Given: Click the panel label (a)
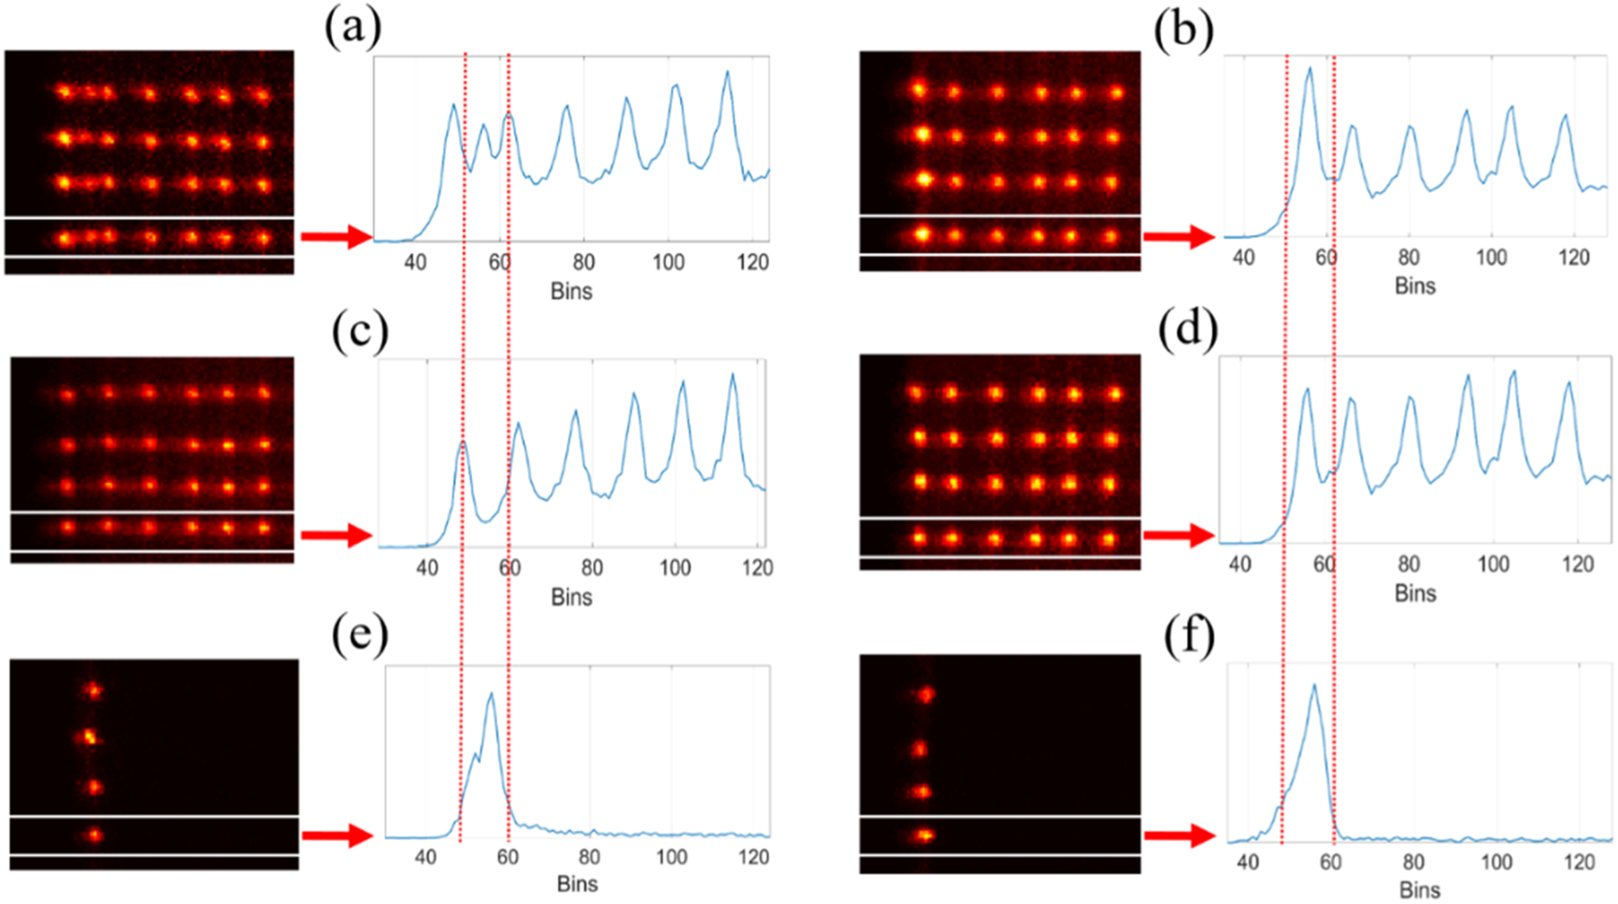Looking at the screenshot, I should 353,27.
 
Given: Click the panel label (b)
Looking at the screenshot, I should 1182,30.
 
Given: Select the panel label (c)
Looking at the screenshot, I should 359,331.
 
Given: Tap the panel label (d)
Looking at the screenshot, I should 1189,329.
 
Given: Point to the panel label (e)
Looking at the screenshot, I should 359,636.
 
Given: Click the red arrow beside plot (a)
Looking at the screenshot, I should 336,237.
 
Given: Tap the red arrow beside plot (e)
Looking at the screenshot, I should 336,835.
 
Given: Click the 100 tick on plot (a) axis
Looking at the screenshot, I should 668,262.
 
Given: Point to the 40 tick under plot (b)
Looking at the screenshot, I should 1243,258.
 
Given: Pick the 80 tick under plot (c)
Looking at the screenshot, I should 592,568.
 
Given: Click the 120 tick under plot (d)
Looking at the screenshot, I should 1578,564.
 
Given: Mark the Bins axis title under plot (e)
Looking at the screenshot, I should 577,883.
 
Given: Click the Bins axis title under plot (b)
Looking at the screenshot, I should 1415,286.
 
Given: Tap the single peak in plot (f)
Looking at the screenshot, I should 1313,686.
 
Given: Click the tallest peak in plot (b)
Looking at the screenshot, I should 1309,68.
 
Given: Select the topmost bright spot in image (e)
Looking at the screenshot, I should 92,690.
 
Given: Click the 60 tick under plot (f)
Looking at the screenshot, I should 1330,863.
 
